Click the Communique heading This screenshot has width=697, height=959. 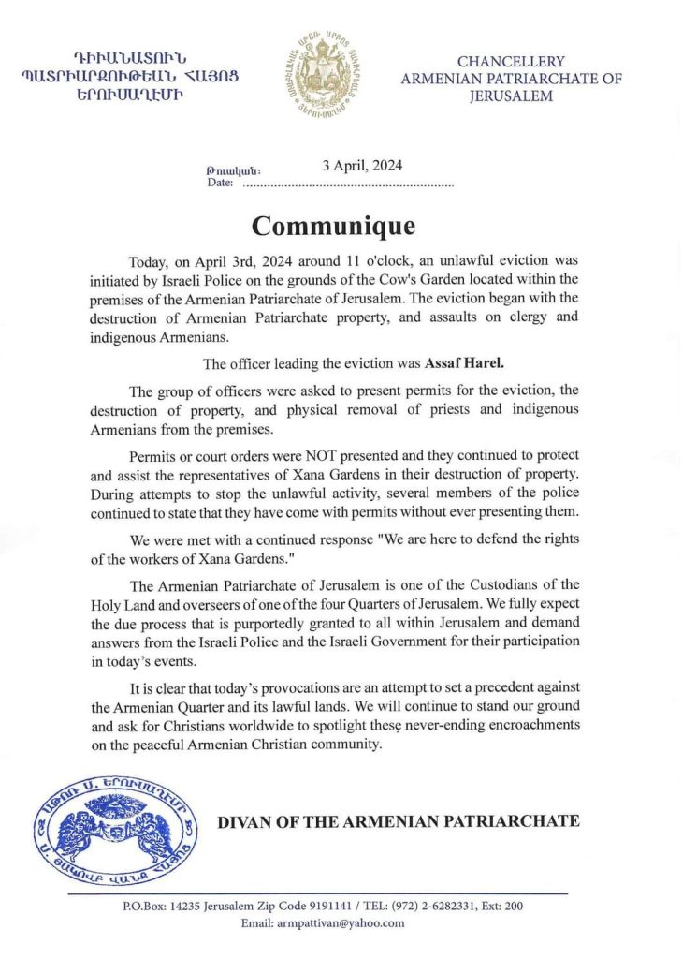click(x=333, y=227)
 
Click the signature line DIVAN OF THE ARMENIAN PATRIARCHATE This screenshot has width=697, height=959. click(x=399, y=821)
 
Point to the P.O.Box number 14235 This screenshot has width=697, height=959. click(x=188, y=906)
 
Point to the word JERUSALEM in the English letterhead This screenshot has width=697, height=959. click(x=511, y=96)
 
